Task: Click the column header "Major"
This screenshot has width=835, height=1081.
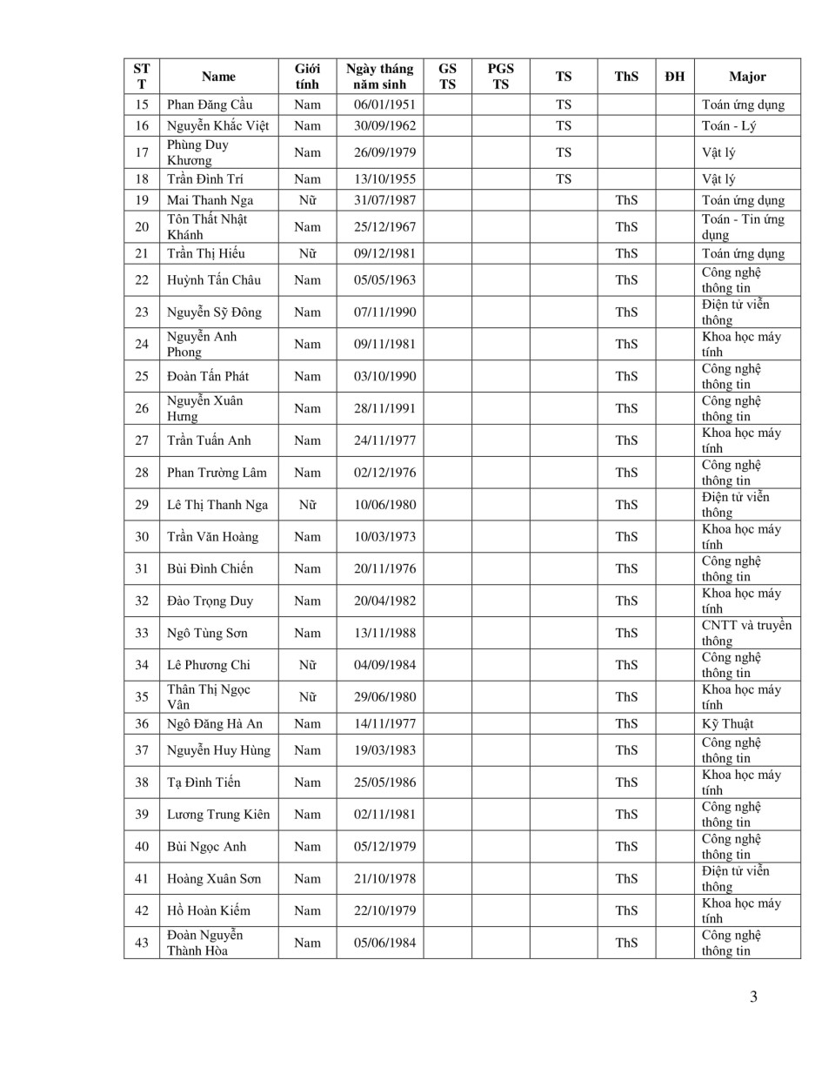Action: (747, 77)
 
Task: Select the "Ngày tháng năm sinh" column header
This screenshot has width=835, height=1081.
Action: (379, 77)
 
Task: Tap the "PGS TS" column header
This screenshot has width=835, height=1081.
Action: (500, 77)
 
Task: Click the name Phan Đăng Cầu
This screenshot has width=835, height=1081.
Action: (210, 104)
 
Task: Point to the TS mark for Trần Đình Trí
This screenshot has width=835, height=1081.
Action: (564, 179)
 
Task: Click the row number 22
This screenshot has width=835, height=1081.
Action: (142, 280)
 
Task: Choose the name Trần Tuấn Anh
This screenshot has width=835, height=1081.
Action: (209, 440)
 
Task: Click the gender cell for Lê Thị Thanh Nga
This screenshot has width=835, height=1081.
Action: (307, 505)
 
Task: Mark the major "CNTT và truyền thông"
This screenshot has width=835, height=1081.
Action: (746, 633)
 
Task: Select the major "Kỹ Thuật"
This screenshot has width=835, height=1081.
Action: (728, 724)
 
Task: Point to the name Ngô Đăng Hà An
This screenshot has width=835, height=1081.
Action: (215, 724)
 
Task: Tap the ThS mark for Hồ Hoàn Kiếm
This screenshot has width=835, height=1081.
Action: (626, 911)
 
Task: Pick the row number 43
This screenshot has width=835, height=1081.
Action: (142, 943)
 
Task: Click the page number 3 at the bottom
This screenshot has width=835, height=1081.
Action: (753, 997)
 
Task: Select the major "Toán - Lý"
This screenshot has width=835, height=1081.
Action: (729, 125)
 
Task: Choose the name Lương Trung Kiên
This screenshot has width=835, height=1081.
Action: (218, 815)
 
